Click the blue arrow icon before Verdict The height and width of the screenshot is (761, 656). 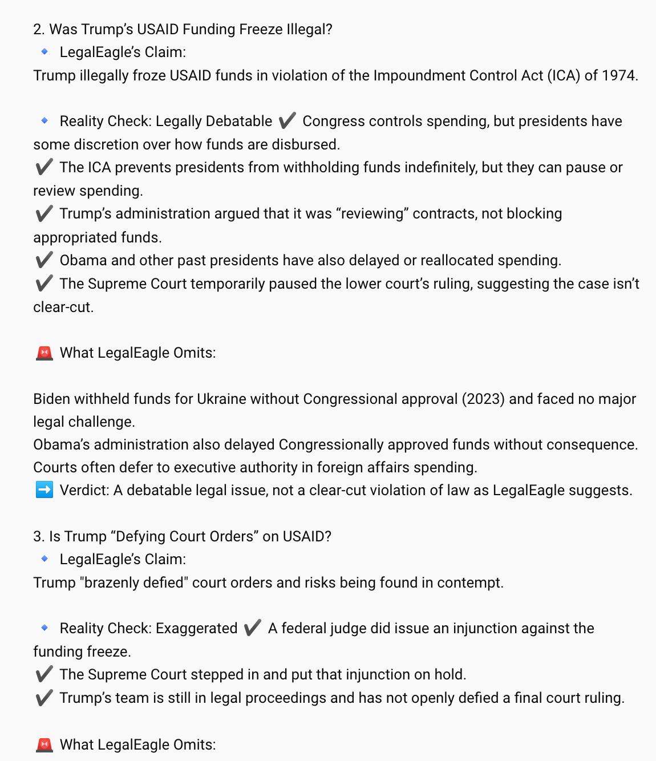click(x=44, y=490)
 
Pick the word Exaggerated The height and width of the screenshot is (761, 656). click(x=197, y=628)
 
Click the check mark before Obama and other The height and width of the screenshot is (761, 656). click(x=44, y=260)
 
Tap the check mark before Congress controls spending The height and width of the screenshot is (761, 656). click(x=287, y=121)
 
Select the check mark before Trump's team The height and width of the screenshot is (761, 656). click(x=44, y=698)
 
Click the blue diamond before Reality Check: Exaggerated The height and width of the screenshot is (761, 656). click(x=44, y=628)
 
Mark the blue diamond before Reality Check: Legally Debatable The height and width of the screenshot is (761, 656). click(x=44, y=120)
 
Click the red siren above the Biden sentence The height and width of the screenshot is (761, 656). click(x=44, y=353)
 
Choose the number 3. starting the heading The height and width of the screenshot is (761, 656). click(x=39, y=536)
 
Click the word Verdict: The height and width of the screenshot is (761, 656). click(x=84, y=490)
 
